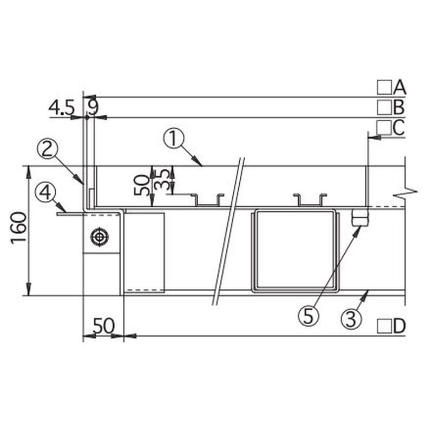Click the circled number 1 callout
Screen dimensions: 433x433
click(173, 139)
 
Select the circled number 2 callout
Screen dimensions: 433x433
click(47, 149)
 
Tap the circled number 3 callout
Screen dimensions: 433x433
click(351, 319)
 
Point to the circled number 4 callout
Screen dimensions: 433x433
click(45, 193)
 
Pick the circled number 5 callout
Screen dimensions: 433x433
click(309, 316)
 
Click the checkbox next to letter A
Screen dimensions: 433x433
click(384, 87)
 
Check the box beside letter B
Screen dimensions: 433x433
click(384, 107)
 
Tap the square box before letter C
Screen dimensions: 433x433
click(384, 128)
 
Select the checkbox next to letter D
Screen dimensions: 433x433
click(384, 326)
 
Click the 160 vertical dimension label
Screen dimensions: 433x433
click(19, 228)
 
